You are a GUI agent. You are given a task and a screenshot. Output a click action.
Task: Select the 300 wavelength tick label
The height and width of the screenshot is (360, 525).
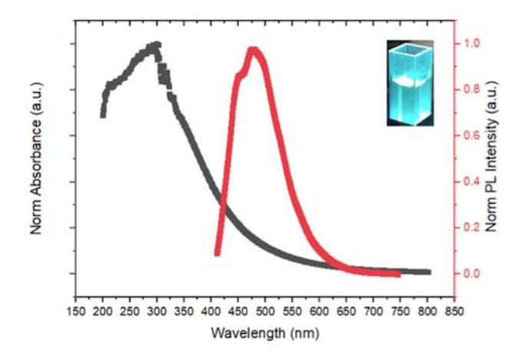pos(157,312)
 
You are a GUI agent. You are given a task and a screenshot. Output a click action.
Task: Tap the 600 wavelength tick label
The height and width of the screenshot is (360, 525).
pos(319,312)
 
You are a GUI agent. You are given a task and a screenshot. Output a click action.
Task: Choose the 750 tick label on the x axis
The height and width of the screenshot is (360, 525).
pos(400,312)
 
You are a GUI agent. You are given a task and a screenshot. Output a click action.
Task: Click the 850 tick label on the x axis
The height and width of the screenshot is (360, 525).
pos(454,312)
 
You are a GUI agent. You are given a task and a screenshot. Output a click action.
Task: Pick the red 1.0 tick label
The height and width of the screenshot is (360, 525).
pos(471,44)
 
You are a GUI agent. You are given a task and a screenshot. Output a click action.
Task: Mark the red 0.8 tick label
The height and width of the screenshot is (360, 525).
pos(471,89)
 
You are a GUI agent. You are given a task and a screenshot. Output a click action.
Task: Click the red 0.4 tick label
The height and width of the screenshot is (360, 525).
pos(471,182)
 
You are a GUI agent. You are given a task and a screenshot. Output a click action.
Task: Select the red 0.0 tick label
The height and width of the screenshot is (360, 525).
pos(471,274)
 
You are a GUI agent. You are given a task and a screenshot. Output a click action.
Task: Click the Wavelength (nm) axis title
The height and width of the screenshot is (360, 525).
pos(265,333)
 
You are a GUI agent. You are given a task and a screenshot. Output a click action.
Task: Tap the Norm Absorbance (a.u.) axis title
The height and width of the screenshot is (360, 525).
pos(36,158)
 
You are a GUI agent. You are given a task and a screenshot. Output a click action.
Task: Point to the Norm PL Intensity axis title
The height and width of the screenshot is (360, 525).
pos(491,156)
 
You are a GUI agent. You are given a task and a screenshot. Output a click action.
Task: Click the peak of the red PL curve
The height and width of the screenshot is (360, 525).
pos(254,50)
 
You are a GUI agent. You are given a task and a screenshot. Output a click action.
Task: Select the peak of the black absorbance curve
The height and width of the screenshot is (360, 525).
pos(156,45)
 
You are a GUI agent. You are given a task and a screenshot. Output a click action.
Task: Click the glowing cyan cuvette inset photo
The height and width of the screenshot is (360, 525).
pos(410,83)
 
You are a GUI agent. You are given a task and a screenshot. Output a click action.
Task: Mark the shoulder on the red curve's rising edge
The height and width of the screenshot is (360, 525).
pos(241,75)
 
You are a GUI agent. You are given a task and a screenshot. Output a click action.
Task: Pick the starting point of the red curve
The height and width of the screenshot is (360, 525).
pos(218,253)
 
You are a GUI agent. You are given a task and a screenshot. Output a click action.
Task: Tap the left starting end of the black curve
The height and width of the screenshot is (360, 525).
pos(103,115)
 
